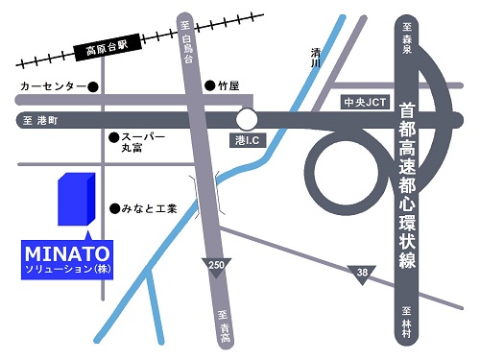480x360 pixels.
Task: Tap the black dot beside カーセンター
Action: point(93,86)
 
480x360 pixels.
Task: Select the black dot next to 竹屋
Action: point(209,84)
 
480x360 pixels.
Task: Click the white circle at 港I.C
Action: point(248,119)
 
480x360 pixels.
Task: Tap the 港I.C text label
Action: point(248,140)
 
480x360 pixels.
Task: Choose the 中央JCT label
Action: point(363,100)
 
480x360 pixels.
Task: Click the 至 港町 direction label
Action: point(36,121)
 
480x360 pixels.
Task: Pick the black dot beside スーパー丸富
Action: point(113,137)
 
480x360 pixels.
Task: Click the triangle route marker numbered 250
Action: point(215,265)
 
